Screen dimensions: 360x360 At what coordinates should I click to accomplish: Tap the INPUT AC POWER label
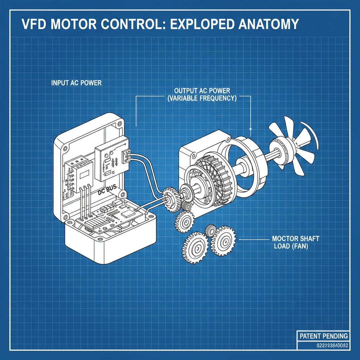coord(76,83)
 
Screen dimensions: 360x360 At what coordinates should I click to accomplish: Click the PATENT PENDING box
coord(323,336)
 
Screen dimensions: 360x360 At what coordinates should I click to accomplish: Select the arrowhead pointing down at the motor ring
coord(250,133)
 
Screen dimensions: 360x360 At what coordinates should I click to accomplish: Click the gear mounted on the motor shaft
coord(171,199)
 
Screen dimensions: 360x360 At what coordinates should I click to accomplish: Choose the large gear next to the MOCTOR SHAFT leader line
coord(223,242)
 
